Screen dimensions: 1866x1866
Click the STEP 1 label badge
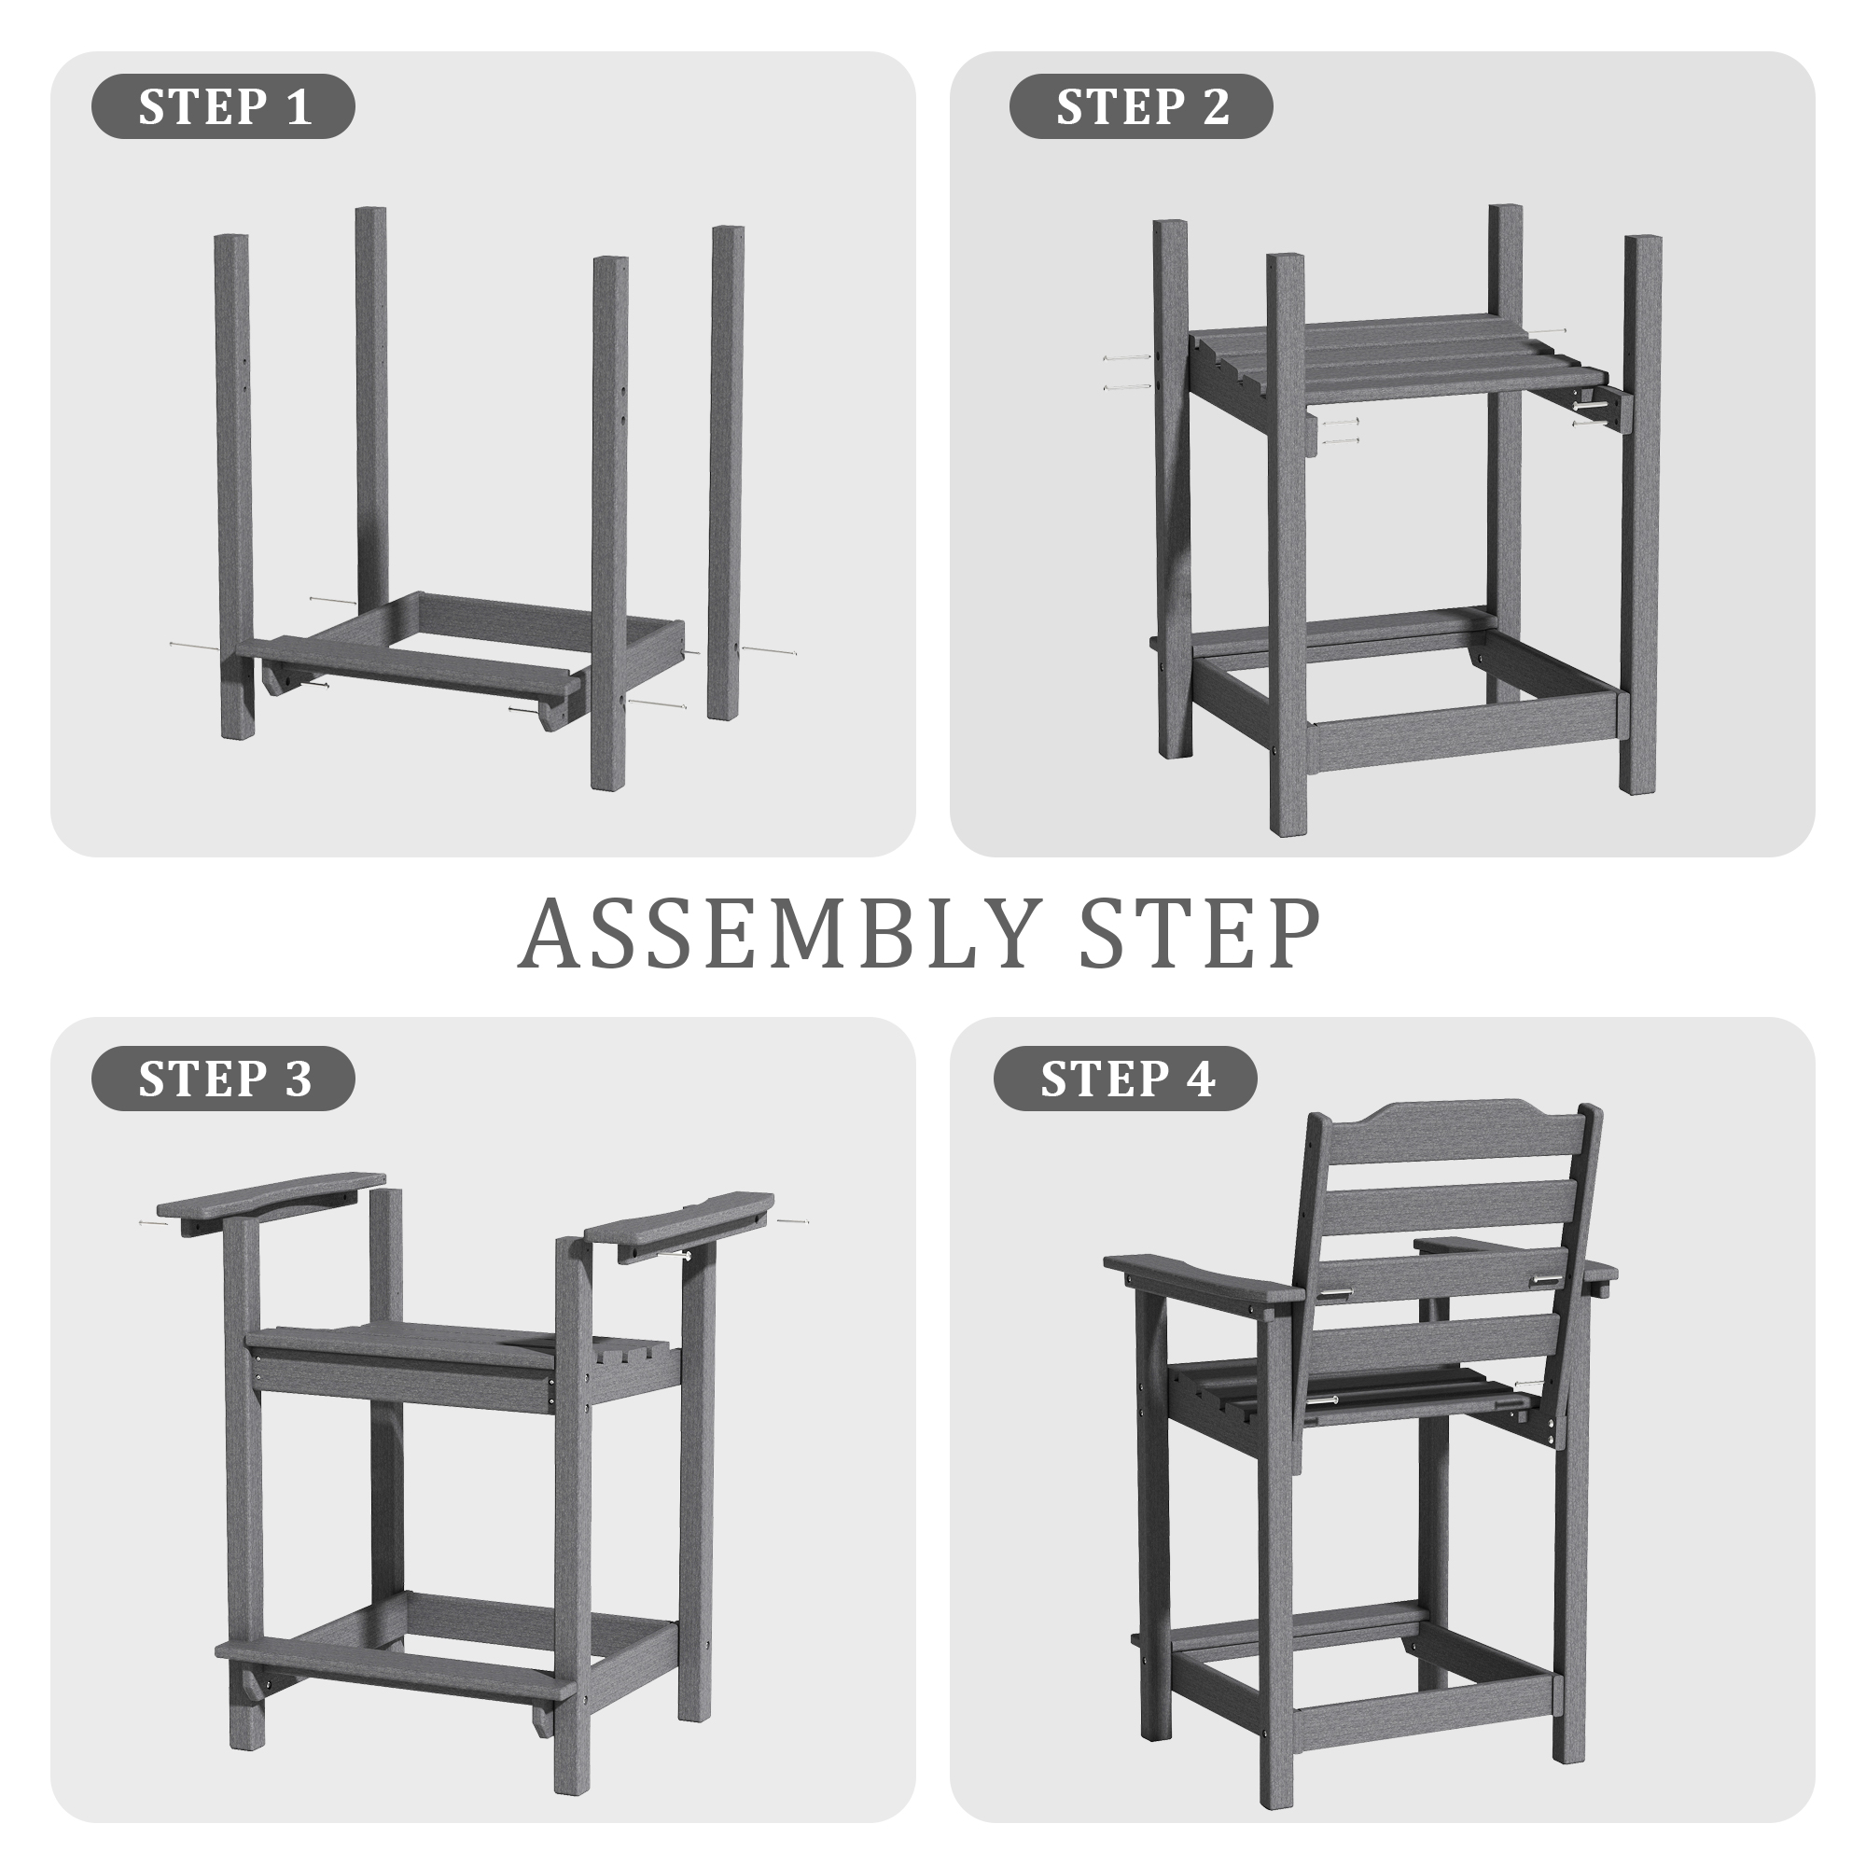pos(223,106)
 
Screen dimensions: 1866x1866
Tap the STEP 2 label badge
pos(1141,106)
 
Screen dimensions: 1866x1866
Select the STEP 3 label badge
pos(223,1078)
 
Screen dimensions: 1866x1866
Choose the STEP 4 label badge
pos(1125,1078)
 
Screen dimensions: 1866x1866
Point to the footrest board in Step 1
pos(411,665)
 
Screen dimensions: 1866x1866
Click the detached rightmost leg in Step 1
pos(726,472)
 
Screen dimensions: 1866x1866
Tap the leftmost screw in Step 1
pos(194,644)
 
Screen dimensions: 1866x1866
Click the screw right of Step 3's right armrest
pos(794,1222)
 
